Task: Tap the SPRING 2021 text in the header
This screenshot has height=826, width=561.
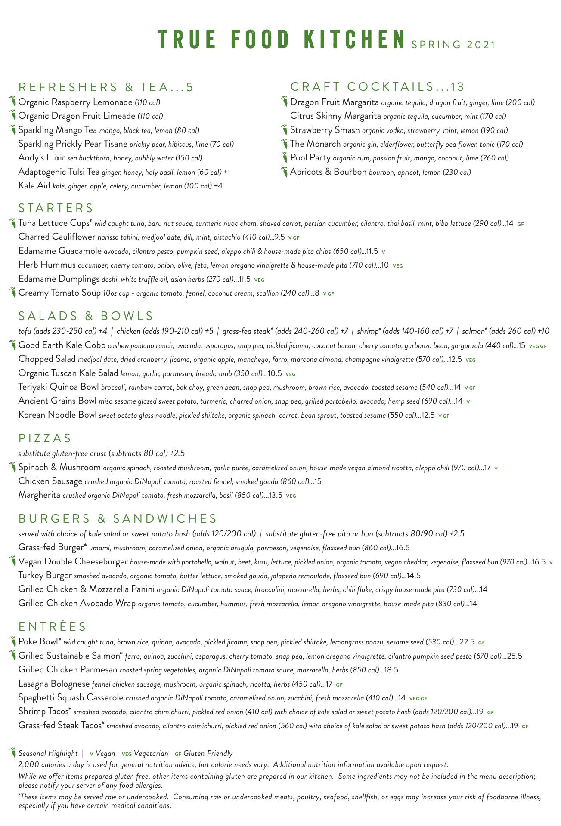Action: coord(453,45)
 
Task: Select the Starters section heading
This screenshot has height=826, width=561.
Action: coord(56,208)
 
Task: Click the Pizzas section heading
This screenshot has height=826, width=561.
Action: coord(45,438)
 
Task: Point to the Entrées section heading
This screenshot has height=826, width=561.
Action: coord(53,626)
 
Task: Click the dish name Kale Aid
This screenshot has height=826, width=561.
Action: coord(34,185)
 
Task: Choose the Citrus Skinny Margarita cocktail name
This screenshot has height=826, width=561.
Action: coord(335,116)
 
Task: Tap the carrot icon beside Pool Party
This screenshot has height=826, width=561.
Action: coord(284,157)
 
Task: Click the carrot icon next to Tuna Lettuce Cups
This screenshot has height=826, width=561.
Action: coord(12,223)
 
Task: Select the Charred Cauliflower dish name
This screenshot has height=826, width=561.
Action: coord(57,237)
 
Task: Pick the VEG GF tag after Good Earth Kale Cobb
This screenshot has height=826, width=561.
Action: coord(537,346)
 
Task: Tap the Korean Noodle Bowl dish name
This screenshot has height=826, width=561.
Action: coord(57,415)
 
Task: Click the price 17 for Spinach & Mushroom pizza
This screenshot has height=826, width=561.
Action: coord(487,468)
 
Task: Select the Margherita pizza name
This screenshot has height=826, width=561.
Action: coord(39,495)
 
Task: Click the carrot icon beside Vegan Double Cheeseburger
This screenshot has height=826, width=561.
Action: coord(12,561)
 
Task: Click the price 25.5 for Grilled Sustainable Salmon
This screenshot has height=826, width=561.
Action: coord(515,656)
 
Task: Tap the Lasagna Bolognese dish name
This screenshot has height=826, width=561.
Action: coord(54,684)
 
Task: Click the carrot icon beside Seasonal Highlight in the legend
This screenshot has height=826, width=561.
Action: coord(12,753)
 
